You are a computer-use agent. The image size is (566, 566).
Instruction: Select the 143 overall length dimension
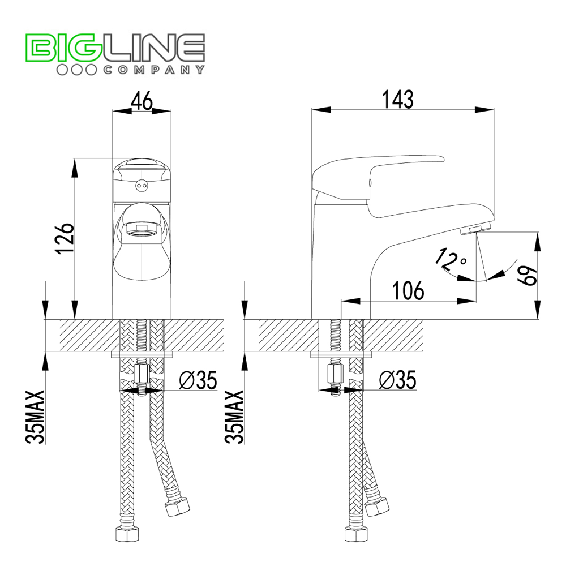coord(397,99)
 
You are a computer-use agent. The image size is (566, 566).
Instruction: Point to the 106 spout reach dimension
coord(408,290)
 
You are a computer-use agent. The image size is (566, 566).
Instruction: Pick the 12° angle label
coord(450,259)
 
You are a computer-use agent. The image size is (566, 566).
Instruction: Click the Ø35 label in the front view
coord(198,380)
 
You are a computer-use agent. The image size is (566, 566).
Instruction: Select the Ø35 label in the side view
coord(398,380)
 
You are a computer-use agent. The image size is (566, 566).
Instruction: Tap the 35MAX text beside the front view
coord(35,417)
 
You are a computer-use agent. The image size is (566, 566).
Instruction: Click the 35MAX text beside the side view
coord(235,417)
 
